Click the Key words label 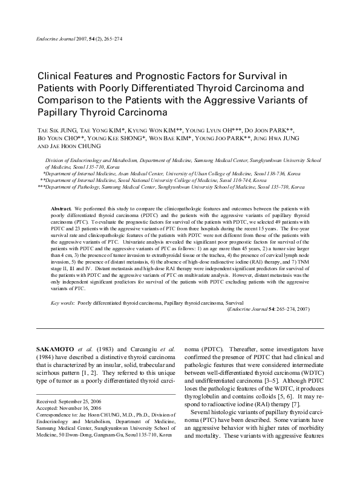pos(62,301)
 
